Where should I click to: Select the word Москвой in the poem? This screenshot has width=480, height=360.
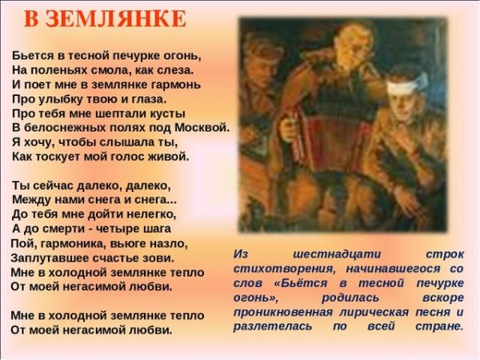[205, 127]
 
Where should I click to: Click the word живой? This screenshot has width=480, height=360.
[170, 156]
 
